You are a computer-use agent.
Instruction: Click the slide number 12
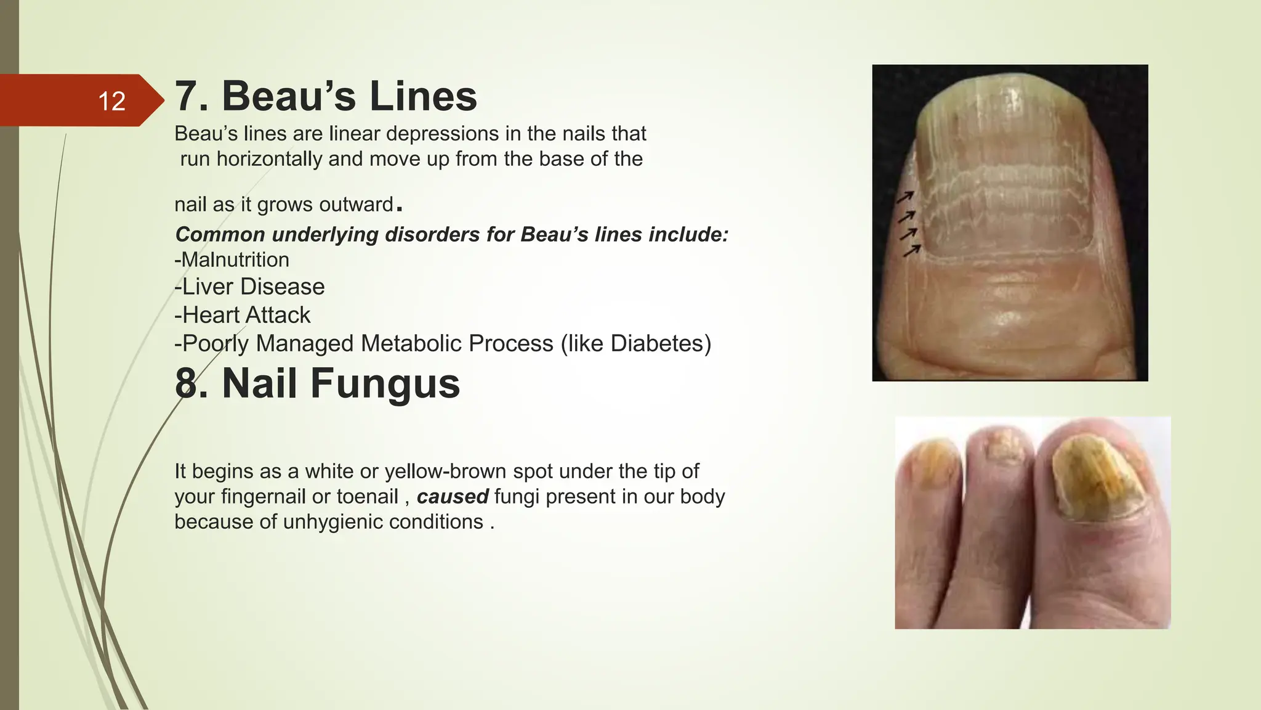click(111, 101)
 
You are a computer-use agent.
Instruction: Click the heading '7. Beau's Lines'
click(326, 96)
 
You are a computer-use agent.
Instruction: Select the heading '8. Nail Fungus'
click(317, 383)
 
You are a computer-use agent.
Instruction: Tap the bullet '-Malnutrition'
click(232, 259)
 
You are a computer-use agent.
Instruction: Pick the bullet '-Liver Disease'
click(249, 287)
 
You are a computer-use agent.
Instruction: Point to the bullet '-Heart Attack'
click(243, 315)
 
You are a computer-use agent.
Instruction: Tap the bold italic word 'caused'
click(453, 496)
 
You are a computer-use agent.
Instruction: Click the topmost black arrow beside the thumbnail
click(905, 197)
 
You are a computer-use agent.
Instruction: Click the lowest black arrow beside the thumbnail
click(912, 250)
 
